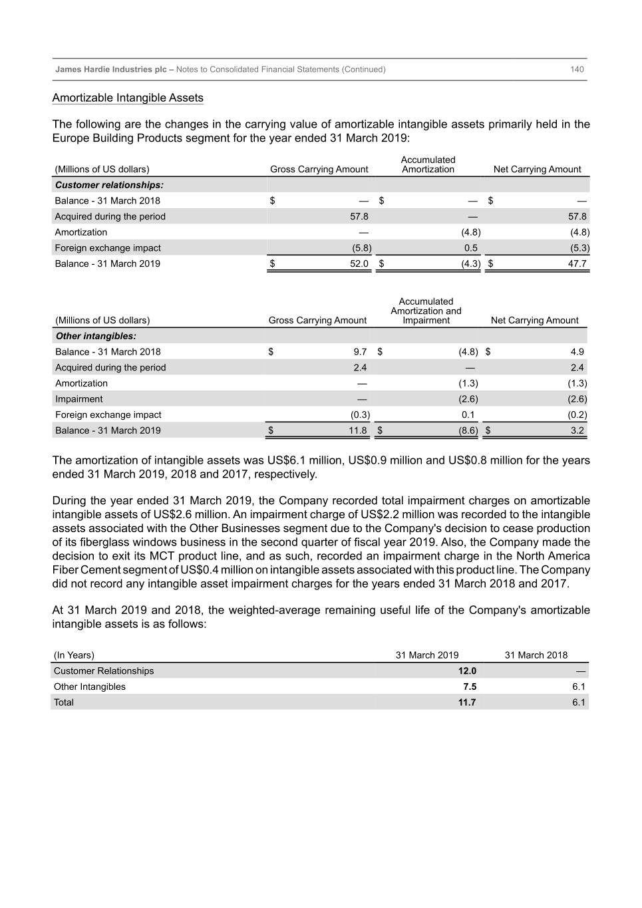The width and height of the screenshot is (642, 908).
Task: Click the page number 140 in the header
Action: point(577,69)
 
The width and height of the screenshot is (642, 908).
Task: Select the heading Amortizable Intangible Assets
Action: point(128,98)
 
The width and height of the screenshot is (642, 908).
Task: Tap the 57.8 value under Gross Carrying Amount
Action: point(359,216)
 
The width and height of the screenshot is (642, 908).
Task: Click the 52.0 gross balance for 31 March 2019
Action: point(359,263)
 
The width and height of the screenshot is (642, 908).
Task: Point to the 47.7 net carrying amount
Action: point(577,263)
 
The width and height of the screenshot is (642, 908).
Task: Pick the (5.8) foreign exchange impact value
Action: point(362,248)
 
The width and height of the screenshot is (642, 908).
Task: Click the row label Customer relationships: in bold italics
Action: point(109,185)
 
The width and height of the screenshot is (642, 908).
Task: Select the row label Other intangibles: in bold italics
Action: point(96,336)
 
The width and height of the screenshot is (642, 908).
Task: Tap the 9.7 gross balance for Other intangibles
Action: point(360,352)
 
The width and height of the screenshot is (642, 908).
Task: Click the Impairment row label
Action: point(79,399)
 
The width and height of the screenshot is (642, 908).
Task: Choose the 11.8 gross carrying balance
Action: point(358,430)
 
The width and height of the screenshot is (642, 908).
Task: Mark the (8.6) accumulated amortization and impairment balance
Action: point(468,430)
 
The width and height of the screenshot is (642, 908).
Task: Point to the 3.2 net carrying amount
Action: point(577,430)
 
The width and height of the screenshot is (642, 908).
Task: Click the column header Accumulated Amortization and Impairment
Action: point(426,311)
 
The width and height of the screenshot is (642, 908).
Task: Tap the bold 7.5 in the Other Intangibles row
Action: point(470,686)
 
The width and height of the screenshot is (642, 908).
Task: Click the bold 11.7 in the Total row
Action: point(467,702)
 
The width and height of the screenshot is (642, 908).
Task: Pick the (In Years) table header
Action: point(74,655)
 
